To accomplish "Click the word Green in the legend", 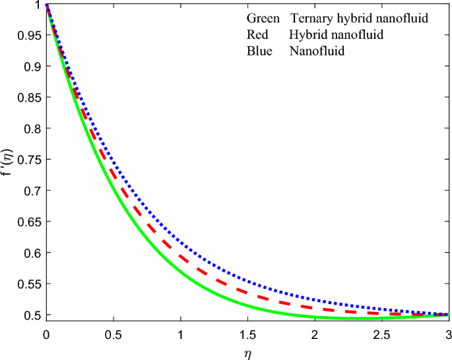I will [264, 19].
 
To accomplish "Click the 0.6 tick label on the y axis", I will [30, 253].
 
